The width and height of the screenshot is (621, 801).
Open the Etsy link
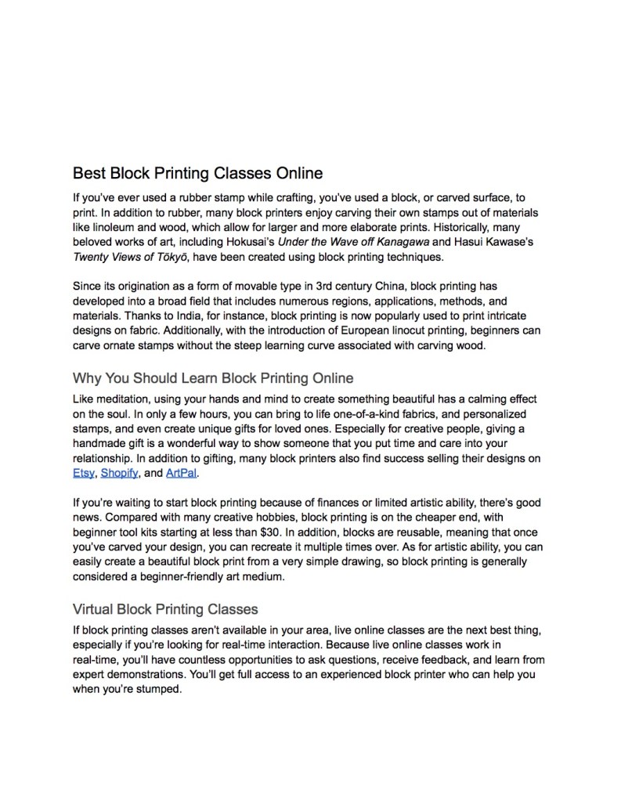pyautogui.click(x=83, y=473)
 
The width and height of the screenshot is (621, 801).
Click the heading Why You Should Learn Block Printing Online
pyautogui.click(x=213, y=379)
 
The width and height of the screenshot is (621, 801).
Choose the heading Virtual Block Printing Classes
pyautogui.click(x=165, y=608)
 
